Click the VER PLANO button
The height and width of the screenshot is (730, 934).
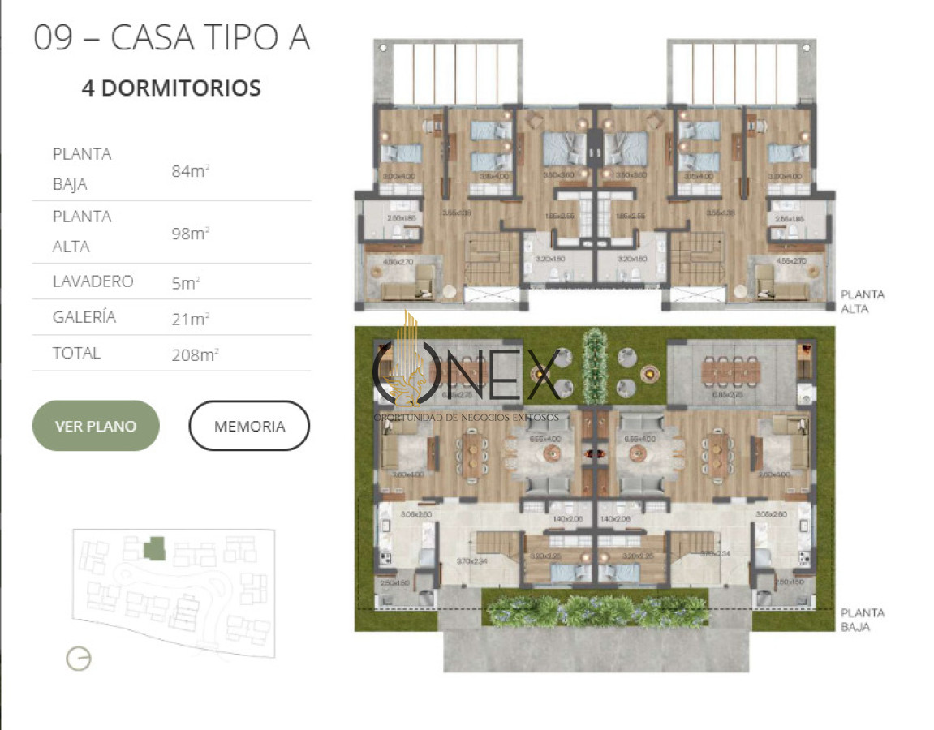96,426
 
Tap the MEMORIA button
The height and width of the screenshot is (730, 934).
249,426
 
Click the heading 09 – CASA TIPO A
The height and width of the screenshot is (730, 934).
171,38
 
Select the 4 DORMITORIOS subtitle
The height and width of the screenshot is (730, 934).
171,88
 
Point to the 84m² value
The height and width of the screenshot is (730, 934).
190,170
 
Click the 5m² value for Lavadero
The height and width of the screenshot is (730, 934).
186,282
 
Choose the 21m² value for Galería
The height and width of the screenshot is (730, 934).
190,319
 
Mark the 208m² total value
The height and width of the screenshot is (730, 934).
195,354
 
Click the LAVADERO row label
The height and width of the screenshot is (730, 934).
93,281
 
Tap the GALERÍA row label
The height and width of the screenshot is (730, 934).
84,317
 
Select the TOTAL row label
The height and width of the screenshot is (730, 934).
76,353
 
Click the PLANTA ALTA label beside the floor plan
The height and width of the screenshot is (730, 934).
863,302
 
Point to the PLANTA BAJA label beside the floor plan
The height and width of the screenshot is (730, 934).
863,620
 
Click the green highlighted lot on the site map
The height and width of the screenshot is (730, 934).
154,549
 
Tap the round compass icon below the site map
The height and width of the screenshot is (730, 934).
79,659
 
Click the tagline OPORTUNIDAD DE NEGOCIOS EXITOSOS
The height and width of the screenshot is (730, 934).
466,417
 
